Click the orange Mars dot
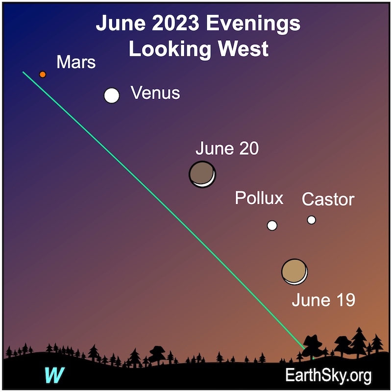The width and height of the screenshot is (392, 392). (x=43, y=74)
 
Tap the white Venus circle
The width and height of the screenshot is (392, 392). (x=112, y=96)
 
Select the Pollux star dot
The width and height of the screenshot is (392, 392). (x=272, y=225)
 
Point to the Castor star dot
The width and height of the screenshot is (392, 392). (x=311, y=220)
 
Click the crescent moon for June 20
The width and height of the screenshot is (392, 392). (x=202, y=174)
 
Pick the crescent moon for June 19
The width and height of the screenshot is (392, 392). (x=294, y=272)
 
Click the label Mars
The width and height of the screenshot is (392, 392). (x=76, y=62)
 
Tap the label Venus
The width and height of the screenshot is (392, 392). (x=155, y=93)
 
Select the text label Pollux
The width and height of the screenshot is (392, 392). (x=259, y=198)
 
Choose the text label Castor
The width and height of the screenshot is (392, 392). (x=328, y=199)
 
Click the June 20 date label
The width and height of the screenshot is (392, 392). (x=227, y=148)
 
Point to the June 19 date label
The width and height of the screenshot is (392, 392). (x=323, y=300)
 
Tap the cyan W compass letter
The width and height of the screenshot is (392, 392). (x=54, y=375)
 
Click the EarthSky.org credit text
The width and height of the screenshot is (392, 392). (x=328, y=375)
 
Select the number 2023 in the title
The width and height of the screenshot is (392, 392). (x=175, y=23)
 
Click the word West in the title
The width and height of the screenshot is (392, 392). (x=243, y=49)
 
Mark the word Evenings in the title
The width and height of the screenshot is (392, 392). (x=253, y=24)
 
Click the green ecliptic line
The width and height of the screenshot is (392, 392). (x=168, y=215)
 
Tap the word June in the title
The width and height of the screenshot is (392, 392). (x=121, y=23)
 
